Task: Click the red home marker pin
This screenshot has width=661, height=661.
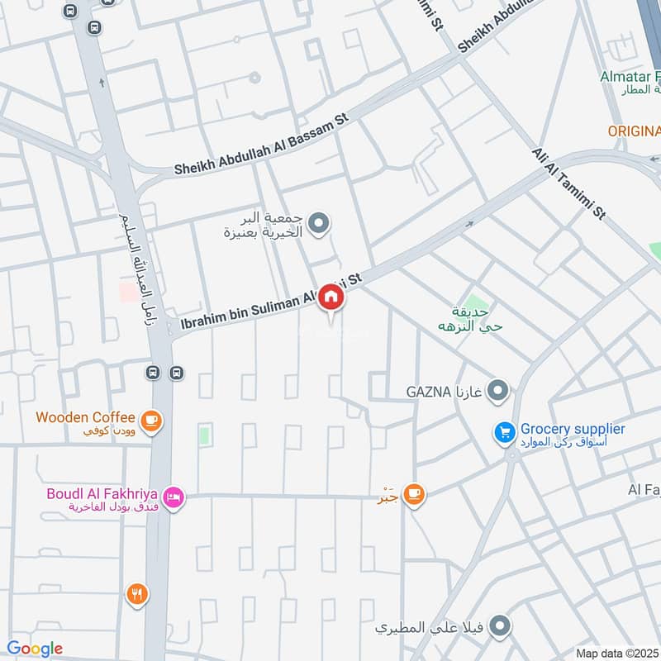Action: [330, 298]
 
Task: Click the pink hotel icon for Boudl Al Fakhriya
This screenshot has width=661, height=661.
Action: [174, 497]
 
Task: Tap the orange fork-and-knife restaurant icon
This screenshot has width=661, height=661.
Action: [137, 593]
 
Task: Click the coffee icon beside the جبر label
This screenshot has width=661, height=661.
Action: [414, 494]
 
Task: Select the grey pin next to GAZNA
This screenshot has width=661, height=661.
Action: [497, 389]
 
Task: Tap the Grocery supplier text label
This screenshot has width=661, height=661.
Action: [572, 430]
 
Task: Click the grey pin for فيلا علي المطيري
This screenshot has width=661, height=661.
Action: [497, 628]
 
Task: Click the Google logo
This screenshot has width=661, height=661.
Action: [35, 649]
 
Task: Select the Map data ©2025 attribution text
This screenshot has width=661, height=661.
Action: [617, 653]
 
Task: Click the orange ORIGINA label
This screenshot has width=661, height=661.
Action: [634, 131]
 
